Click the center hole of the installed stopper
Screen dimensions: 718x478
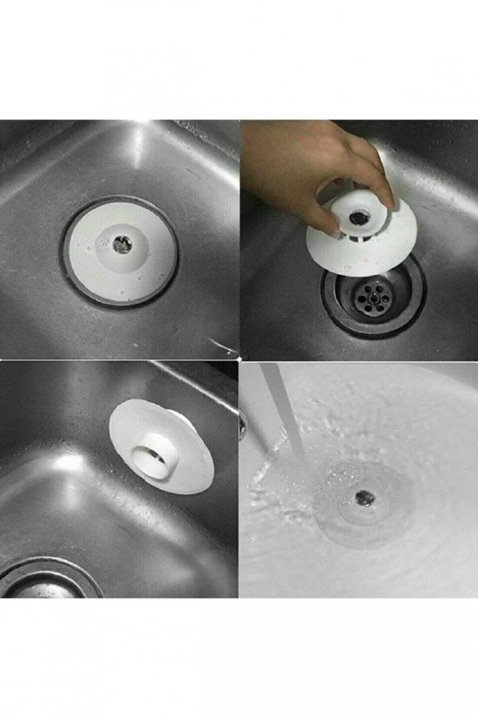coord(121,245)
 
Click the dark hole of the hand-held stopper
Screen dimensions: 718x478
coord(357,218)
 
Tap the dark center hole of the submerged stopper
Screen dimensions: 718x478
coord(366,497)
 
